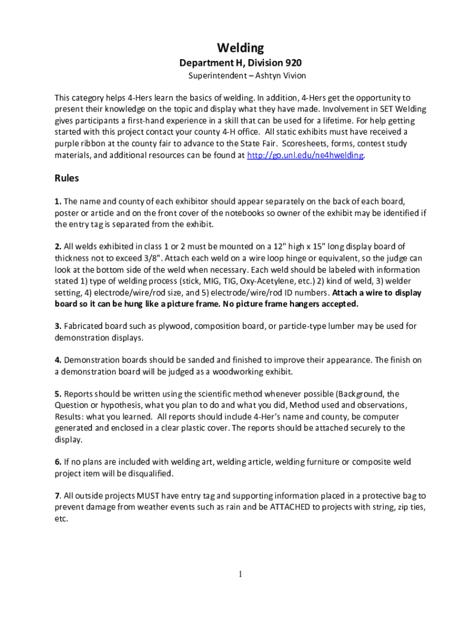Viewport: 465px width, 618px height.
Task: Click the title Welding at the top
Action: point(240,48)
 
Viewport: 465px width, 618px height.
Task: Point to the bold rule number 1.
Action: point(57,201)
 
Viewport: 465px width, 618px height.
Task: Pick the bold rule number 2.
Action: point(57,246)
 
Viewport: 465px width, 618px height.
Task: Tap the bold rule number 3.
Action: point(57,326)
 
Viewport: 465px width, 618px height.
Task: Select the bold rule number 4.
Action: point(57,360)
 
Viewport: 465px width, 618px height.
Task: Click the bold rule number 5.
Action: point(57,393)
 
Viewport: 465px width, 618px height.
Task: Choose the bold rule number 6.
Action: point(57,462)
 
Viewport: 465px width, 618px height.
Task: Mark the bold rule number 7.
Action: point(57,495)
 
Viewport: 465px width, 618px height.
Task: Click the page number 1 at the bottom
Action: point(240,574)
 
